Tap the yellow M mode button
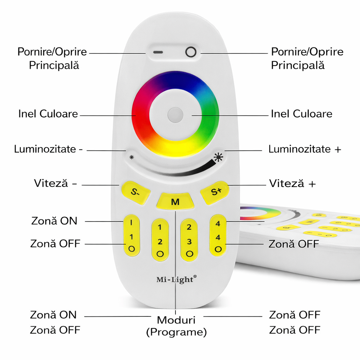tap(175, 202)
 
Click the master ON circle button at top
tap(191, 52)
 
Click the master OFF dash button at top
tap(158, 52)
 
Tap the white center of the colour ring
tap(175, 115)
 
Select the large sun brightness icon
tap(219, 157)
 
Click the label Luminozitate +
tap(304, 149)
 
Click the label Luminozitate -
tap(49, 149)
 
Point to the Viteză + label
tap(292, 184)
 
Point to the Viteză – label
tap(55, 184)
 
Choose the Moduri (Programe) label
tap(176, 326)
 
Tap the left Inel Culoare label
tap(48, 114)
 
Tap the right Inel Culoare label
tap(301, 114)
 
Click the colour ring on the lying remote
tap(260, 213)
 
